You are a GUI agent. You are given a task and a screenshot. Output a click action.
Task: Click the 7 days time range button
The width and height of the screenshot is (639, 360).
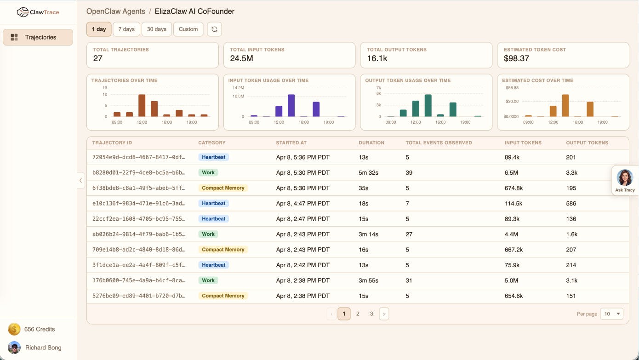coord(126,29)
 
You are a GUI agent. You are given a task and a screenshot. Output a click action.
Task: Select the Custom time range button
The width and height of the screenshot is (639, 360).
coord(188,29)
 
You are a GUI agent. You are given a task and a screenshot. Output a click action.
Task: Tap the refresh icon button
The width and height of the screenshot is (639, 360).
coord(214,29)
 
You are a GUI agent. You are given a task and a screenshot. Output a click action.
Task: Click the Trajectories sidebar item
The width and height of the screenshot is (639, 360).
coord(38,37)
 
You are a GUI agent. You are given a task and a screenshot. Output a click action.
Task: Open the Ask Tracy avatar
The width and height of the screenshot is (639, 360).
coord(625,178)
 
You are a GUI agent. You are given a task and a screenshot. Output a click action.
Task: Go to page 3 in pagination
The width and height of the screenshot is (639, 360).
coord(371,314)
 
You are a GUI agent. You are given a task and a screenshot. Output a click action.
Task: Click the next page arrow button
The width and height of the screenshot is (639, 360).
coord(384,314)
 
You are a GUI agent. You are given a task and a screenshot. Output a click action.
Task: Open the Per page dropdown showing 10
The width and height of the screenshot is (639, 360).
coord(611,314)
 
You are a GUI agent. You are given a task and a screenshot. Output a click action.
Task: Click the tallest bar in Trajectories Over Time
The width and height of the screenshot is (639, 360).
coord(142,106)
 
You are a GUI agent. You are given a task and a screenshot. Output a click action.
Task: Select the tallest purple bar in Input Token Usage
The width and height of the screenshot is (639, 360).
coord(291,106)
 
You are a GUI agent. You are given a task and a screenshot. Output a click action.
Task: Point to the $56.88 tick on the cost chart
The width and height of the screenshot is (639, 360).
coord(512,88)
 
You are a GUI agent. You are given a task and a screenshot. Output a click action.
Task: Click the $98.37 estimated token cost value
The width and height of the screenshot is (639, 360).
coord(516,58)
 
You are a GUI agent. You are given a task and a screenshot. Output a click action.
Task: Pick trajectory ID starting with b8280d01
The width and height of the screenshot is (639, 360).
coord(139,172)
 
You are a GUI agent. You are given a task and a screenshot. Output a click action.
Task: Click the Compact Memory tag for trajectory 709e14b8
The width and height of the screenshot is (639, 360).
coord(223,250)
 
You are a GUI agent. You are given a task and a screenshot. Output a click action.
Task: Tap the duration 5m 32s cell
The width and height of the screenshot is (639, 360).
coord(368,172)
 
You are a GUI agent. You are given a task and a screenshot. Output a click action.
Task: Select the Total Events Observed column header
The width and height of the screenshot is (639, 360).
coord(439,143)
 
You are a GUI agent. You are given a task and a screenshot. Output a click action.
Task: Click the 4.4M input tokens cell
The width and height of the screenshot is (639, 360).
coord(511,234)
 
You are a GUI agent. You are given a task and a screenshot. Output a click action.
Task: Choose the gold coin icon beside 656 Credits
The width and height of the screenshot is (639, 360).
coord(14,329)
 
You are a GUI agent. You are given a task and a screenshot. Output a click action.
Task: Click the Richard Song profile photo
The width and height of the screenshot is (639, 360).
coord(14,348)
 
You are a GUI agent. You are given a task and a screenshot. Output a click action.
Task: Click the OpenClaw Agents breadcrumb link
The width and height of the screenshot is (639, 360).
coord(116,11)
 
